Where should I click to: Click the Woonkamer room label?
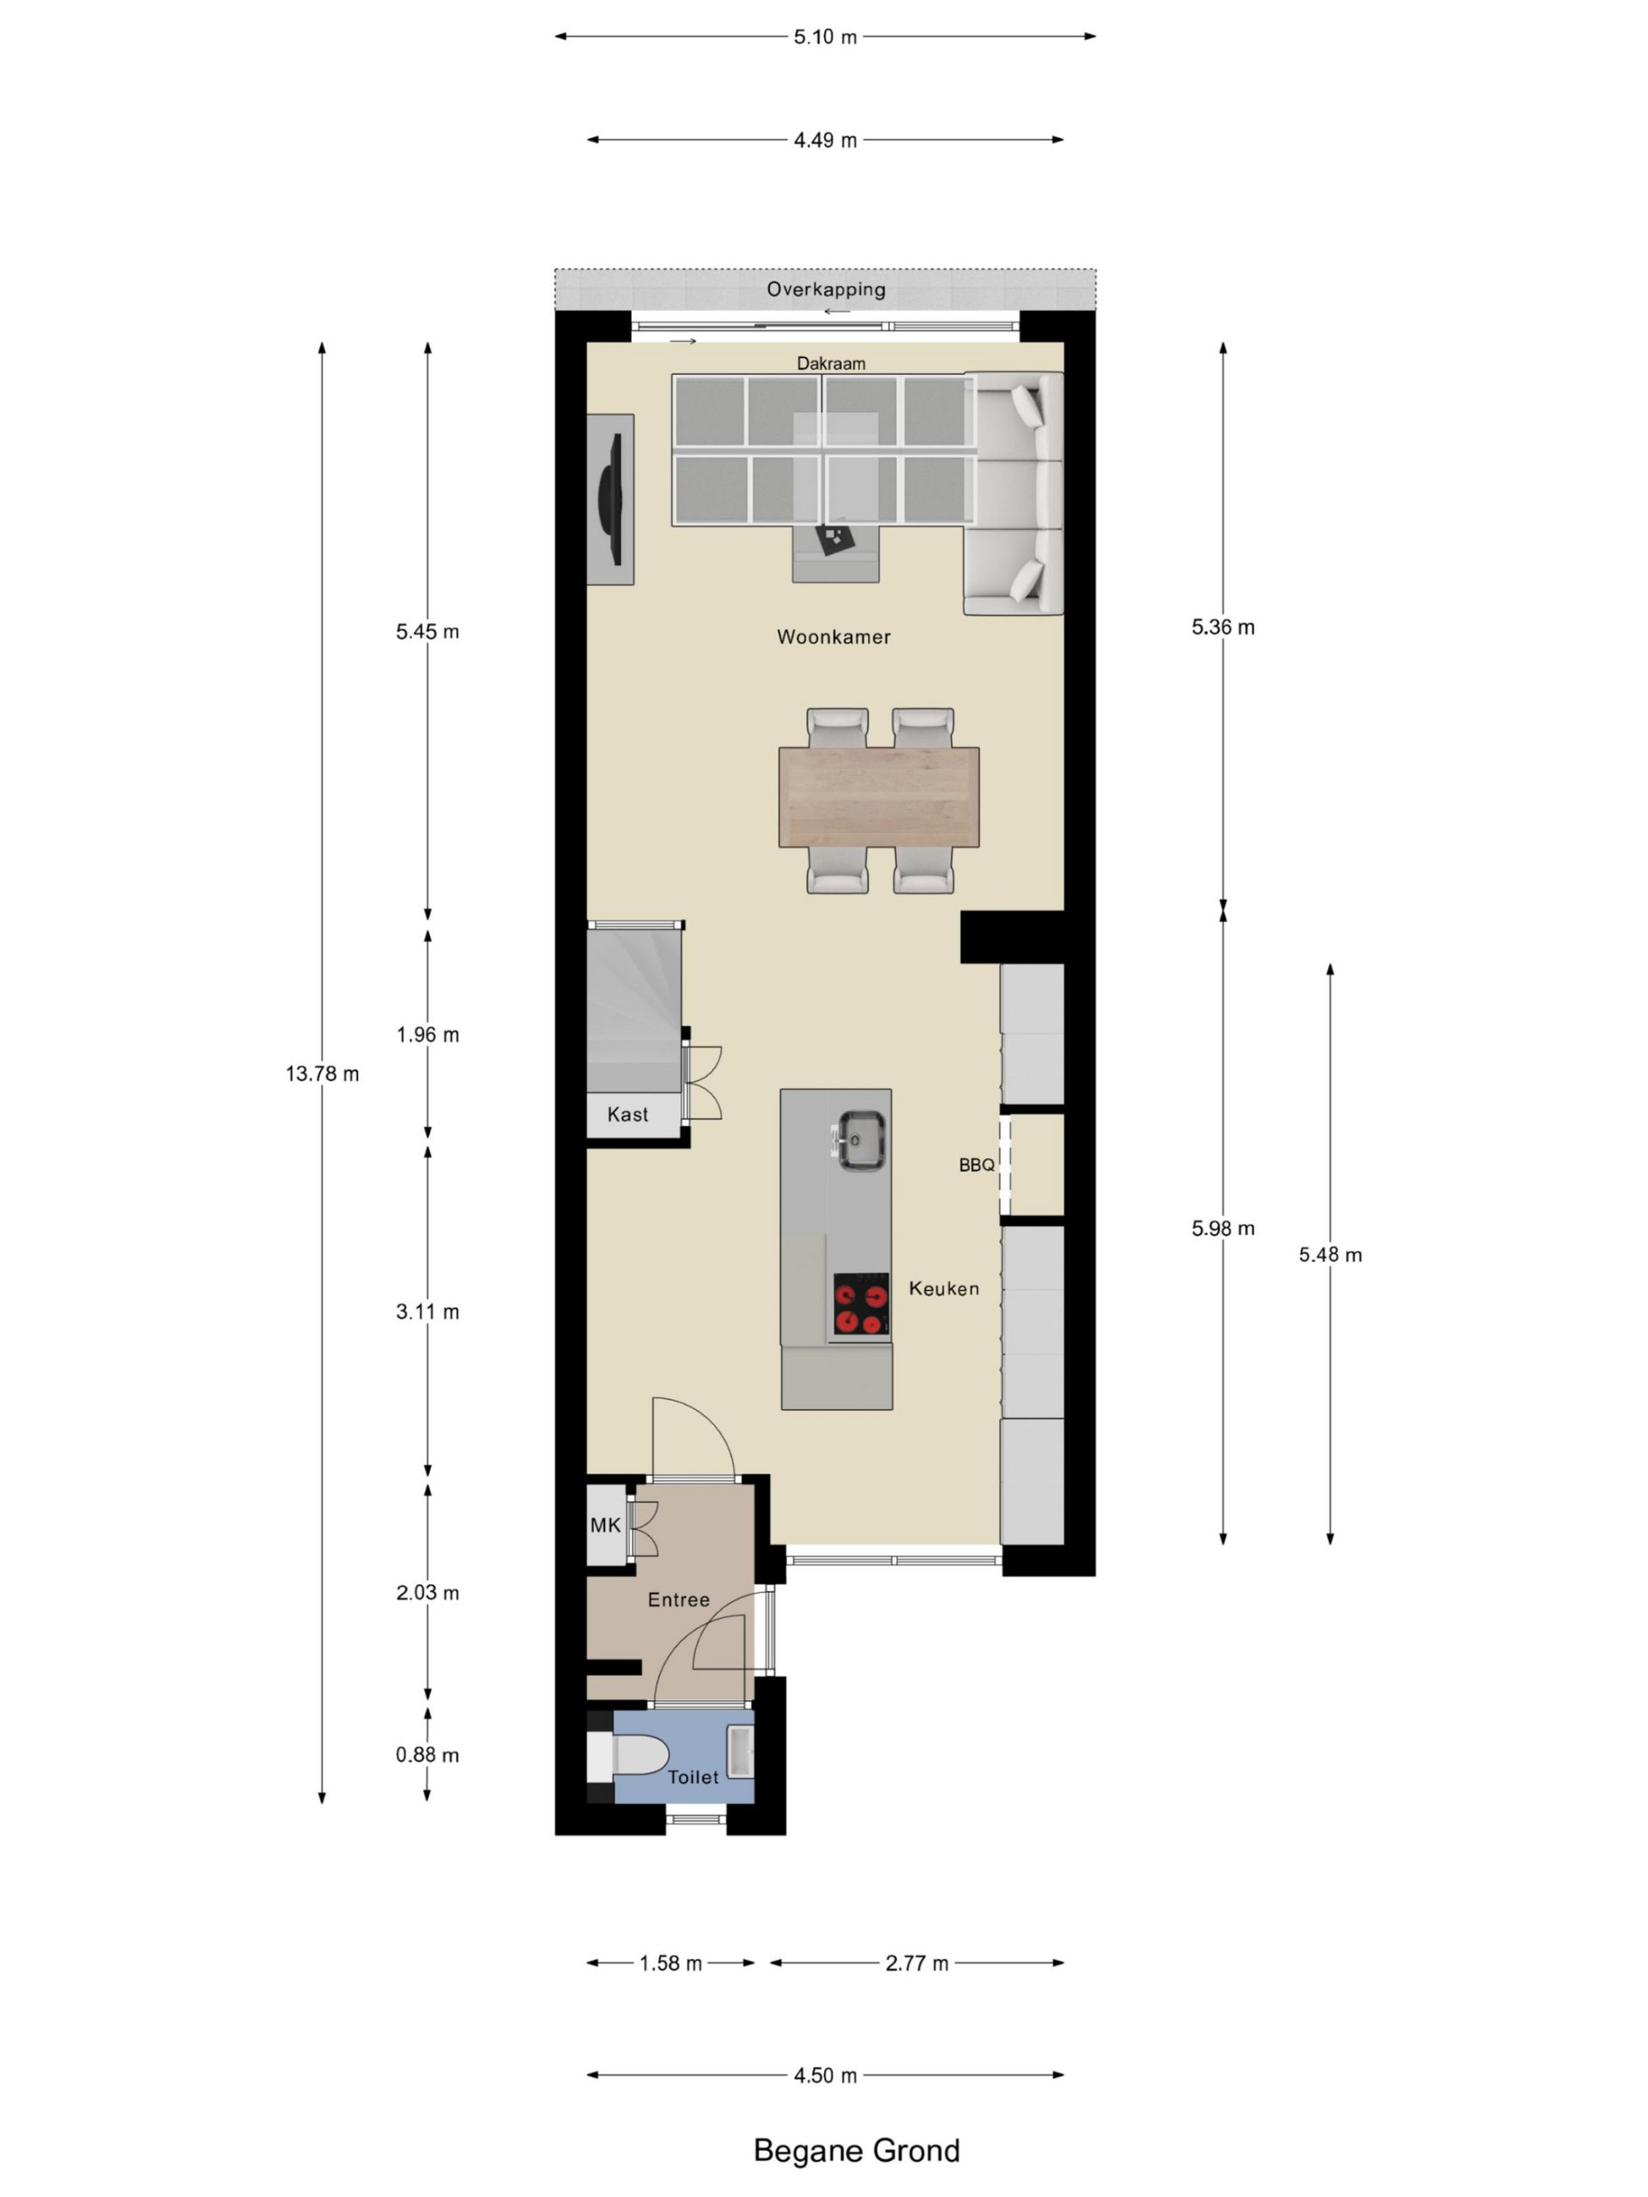click(833, 637)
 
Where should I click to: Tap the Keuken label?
click(943, 1288)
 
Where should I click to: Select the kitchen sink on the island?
click(860, 1141)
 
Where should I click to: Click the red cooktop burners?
click(860, 1307)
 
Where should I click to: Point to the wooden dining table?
click(879, 797)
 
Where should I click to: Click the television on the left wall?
click(611, 499)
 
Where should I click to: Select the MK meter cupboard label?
click(605, 1524)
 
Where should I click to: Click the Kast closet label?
click(627, 1115)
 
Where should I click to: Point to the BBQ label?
click(977, 1165)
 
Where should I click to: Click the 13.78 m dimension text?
click(323, 1074)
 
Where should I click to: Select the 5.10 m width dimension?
click(825, 38)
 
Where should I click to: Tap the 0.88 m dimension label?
click(427, 1755)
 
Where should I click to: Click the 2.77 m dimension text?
click(917, 1964)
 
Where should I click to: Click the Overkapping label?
click(826, 289)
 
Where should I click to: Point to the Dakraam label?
click(831, 364)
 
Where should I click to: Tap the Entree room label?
click(678, 1599)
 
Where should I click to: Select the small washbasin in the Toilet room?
click(740, 1750)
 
